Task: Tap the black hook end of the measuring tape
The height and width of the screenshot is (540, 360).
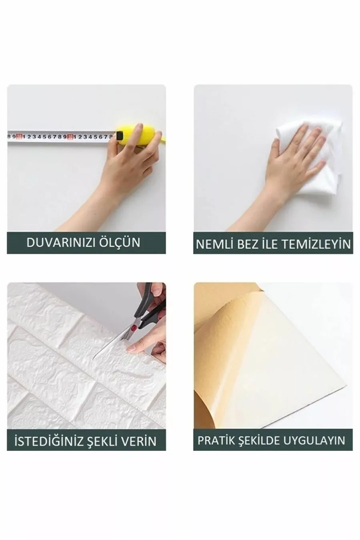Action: pos(119,135)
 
